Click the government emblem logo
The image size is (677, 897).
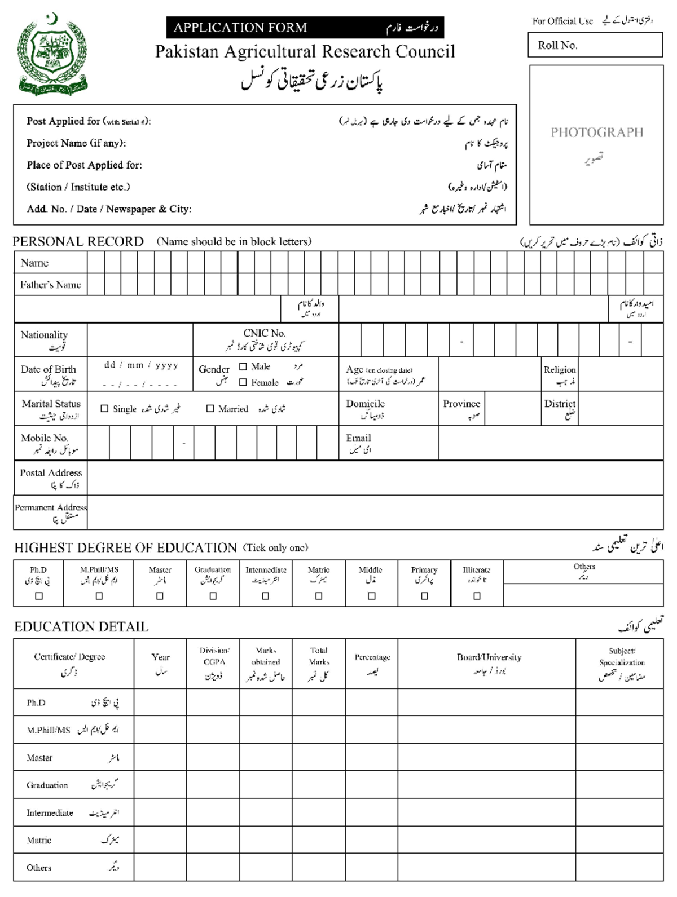coord(52,55)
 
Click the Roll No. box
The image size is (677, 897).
coord(595,45)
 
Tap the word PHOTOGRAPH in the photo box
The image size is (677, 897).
coord(597,132)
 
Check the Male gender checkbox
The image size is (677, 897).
coord(243,366)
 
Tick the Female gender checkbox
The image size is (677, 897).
coord(243,382)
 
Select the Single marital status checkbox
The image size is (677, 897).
coord(104,409)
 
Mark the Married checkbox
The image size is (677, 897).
coord(210,409)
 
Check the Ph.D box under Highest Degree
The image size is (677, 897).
coord(39,596)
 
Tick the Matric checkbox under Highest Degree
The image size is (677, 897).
coord(319,596)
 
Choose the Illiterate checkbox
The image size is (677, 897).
coord(477,596)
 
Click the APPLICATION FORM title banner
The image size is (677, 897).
coord(305,28)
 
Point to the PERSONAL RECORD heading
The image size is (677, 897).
coord(78,242)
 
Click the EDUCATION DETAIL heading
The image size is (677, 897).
coord(81,627)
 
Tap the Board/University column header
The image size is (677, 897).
coord(489,657)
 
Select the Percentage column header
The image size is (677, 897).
coord(372,657)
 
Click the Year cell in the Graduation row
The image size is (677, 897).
coord(160,785)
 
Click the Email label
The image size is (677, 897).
coord(358,438)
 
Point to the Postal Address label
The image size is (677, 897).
coord(51,473)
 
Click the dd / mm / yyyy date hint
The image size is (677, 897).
coord(141,365)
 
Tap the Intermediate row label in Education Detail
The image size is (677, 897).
coord(50,813)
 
